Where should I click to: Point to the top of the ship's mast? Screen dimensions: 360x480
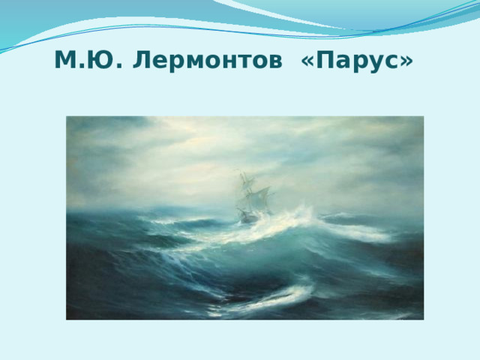click(x=242, y=173)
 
